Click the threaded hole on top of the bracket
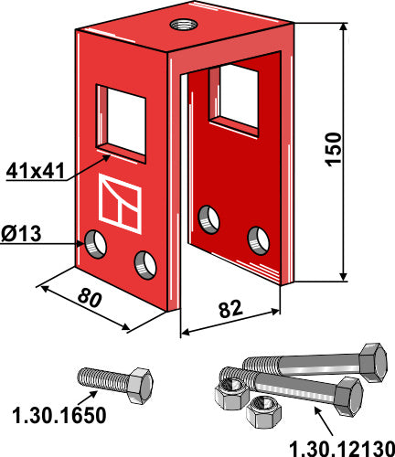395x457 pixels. coord(184,24)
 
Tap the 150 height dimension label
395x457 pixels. coord(334,149)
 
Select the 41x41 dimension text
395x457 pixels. coord(36,171)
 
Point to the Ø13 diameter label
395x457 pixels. coord(21,234)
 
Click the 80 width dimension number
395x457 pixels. coord(89,298)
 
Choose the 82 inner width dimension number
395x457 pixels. coord(230,309)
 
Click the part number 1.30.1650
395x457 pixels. coord(59,415)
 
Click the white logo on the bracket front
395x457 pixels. coord(121,204)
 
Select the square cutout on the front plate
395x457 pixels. coord(122,123)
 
